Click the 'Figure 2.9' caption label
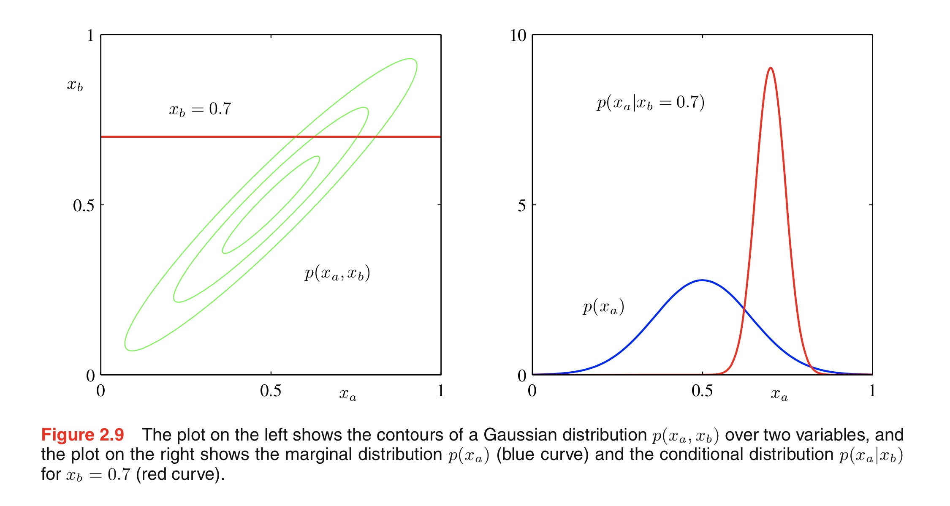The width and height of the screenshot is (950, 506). point(82,435)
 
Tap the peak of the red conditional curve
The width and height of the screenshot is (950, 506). point(771,68)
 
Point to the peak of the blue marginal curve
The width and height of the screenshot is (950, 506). point(702,280)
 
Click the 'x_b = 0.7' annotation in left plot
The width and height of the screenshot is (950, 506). point(200,109)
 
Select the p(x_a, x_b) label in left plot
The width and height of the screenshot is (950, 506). point(337,273)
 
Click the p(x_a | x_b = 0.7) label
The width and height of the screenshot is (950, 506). point(650,103)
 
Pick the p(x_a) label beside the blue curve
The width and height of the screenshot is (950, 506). point(603,307)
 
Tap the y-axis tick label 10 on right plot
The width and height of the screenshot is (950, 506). point(518,35)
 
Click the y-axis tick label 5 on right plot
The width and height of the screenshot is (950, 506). point(522,206)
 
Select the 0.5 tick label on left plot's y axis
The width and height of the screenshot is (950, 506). point(83,206)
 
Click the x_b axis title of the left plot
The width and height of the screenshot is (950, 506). point(75,85)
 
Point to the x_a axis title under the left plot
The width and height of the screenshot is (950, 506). point(347,394)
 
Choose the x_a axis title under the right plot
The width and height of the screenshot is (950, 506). point(779,394)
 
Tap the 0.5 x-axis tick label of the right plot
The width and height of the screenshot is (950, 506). point(702,391)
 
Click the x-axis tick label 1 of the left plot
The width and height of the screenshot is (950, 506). point(440,391)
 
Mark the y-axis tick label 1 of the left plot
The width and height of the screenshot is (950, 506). point(90,35)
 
